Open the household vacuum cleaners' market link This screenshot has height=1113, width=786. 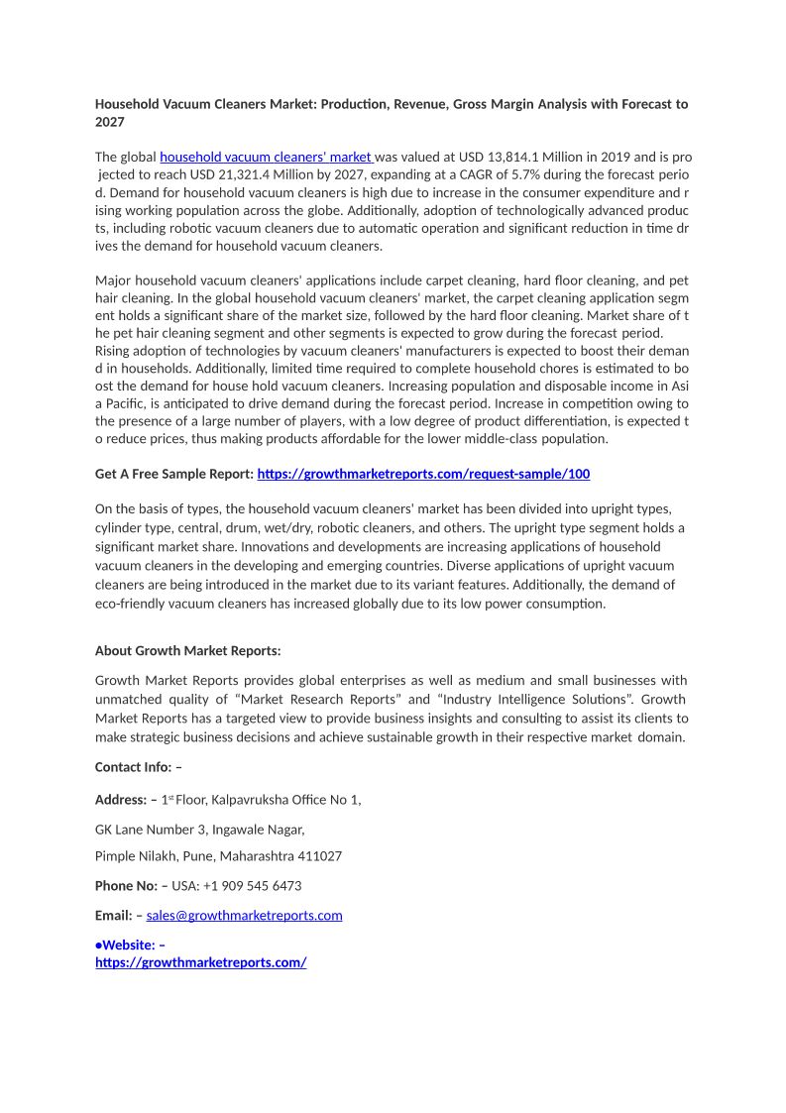[x=266, y=157]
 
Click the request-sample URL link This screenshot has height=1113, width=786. [x=423, y=474]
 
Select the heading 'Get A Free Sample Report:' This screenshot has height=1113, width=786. [x=174, y=474]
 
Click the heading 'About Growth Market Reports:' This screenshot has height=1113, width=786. [x=187, y=650]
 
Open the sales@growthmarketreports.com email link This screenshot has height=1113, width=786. [x=244, y=915]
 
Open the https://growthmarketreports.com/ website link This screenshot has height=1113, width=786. [x=200, y=961]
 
